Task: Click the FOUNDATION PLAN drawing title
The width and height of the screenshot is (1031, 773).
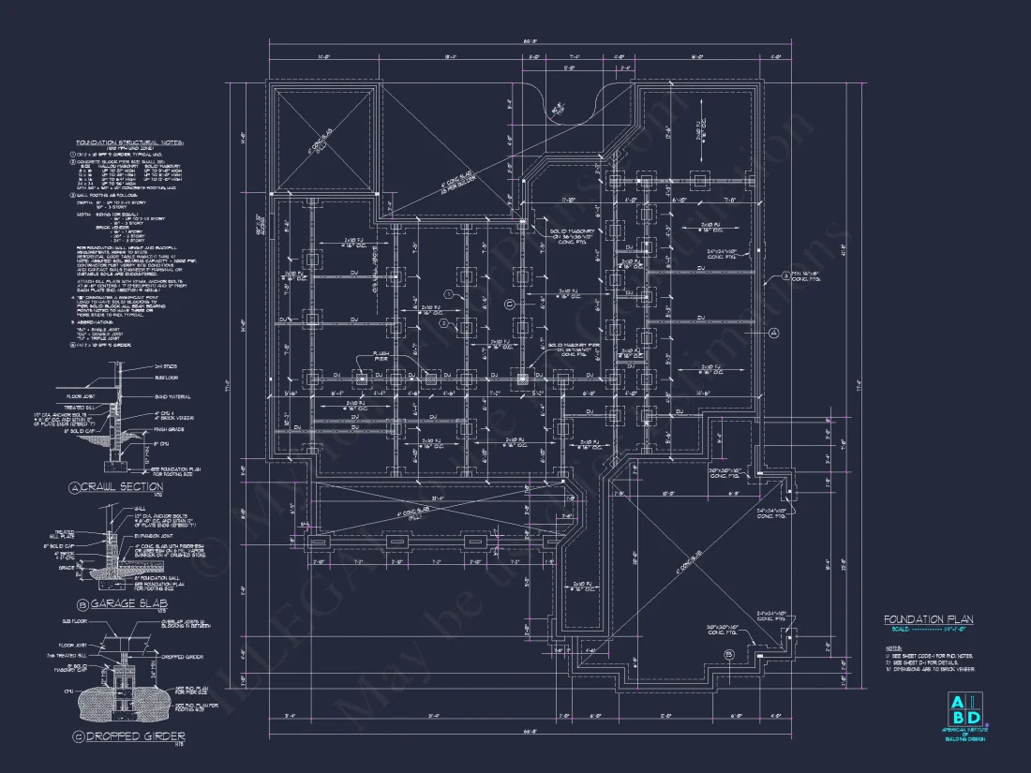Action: coord(928,619)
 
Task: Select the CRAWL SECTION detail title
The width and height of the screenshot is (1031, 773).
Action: coord(116,487)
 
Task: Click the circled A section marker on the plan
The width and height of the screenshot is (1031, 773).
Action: coord(774,333)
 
